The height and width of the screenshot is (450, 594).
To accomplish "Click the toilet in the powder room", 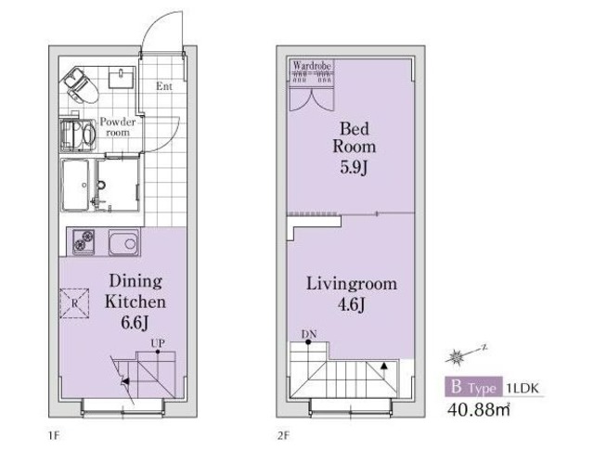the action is point(79,85).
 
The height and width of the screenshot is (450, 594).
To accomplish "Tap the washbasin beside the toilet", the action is point(122,77).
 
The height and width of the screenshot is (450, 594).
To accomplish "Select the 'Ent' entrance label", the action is point(164,86).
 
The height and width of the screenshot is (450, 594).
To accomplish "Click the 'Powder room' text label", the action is point(118,127).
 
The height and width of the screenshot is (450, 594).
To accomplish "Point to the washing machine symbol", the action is point(79,135).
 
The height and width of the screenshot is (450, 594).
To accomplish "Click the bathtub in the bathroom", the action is point(76,185).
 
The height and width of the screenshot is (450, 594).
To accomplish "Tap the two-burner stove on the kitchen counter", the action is point(84,241).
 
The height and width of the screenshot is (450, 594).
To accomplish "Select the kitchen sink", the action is point(123,242).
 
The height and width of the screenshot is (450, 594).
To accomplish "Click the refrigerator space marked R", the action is point(74,303).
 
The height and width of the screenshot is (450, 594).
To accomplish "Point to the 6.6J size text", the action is point(134,323).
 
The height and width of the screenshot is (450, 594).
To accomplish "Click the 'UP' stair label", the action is point(158,343).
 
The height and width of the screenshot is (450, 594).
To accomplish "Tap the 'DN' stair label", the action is point(309,334).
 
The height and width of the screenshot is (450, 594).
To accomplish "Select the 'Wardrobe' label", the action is point(312,66).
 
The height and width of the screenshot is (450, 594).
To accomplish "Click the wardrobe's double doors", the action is point(312,99).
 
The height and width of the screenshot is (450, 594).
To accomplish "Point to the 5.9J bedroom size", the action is point(354,167).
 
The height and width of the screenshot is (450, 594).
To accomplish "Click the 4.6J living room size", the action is point(352,304).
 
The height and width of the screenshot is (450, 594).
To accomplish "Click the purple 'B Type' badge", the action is point(473,387).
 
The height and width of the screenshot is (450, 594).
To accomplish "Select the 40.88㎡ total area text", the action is point(479,409).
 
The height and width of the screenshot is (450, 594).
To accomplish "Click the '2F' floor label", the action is point(283,436).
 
